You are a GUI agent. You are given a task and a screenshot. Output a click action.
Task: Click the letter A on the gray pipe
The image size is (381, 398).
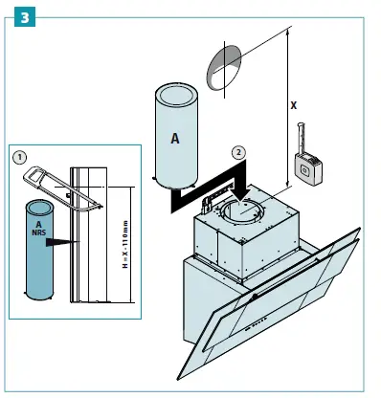tap(175, 138)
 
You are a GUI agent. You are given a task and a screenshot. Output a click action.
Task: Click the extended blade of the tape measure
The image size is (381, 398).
tap(303, 135)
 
